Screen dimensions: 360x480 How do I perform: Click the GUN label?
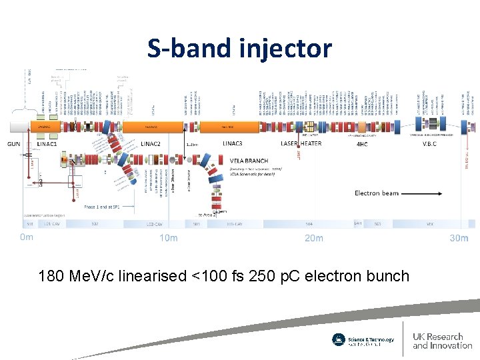[14, 143]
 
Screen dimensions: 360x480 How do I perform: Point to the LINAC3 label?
[232, 143]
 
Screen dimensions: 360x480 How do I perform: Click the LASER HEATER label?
[301, 143]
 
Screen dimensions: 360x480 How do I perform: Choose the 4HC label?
[362, 143]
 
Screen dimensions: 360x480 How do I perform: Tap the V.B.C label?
[429, 143]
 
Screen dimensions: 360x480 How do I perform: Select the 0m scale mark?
[26, 237]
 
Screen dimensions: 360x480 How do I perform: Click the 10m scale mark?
[169, 238]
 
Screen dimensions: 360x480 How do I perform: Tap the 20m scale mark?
[313, 238]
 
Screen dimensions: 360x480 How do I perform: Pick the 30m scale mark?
[459, 238]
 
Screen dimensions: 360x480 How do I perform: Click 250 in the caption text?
[261, 275]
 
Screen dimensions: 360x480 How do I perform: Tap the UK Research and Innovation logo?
[442, 341]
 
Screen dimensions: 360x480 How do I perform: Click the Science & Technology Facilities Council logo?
[363, 340]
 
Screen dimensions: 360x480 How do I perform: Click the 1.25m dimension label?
[192, 144]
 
